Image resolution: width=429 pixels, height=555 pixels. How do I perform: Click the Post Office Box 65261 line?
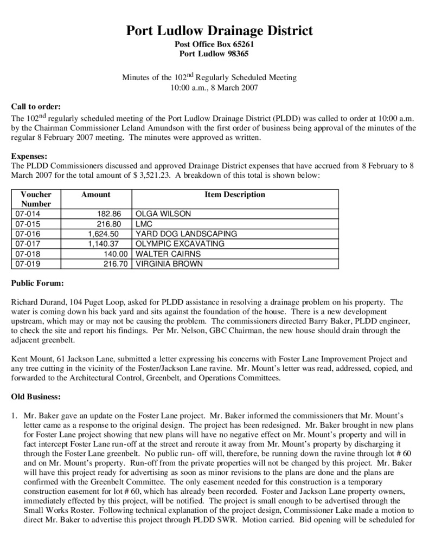[214, 44]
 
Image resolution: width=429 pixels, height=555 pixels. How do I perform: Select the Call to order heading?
[36, 106]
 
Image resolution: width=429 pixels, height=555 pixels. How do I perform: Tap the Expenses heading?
[29, 155]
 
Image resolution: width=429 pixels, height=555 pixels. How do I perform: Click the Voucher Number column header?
[36, 199]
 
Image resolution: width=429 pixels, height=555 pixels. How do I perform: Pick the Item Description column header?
[234, 195]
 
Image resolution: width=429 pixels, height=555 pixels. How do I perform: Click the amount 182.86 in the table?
[116, 214]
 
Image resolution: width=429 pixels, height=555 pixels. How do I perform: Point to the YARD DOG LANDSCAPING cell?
[186, 234]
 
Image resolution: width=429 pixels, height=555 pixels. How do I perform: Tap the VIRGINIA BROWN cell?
[169, 264]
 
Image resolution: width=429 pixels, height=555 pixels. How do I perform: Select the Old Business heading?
[36, 397]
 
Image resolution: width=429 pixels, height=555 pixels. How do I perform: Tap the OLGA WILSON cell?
[164, 214]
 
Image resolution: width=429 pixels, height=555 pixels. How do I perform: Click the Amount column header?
[95, 195]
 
